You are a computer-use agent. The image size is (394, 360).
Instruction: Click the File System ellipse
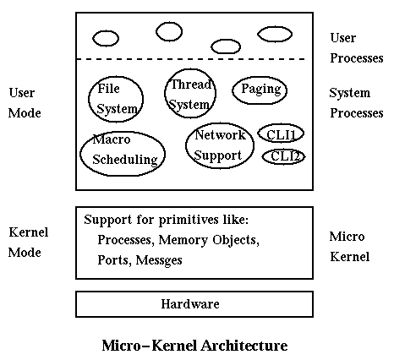(88, 99)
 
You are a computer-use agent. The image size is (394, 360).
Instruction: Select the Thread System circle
(164, 93)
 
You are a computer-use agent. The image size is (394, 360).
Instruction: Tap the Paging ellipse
(232, 90)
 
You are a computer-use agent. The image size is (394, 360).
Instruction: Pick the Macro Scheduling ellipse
(80, 154)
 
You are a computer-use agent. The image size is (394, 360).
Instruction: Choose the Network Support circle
(185, 145)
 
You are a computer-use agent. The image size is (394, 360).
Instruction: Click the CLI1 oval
(258, 134)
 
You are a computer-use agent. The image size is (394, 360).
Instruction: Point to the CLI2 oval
(262, 156)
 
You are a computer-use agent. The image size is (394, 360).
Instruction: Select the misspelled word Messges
(159, 260)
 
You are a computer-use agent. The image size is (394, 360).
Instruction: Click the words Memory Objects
(207, 240)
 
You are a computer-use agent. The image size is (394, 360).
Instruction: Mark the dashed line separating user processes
(191, 59)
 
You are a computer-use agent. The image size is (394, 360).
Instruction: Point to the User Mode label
(25, 103)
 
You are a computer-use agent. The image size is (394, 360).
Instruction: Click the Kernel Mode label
(28, 243)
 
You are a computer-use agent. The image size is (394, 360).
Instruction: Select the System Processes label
(357, 103)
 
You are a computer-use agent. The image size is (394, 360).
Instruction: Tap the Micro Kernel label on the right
(349, 247)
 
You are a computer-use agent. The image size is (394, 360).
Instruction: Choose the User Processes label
(357, 48)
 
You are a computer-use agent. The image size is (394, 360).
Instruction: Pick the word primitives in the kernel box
(189, 221)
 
